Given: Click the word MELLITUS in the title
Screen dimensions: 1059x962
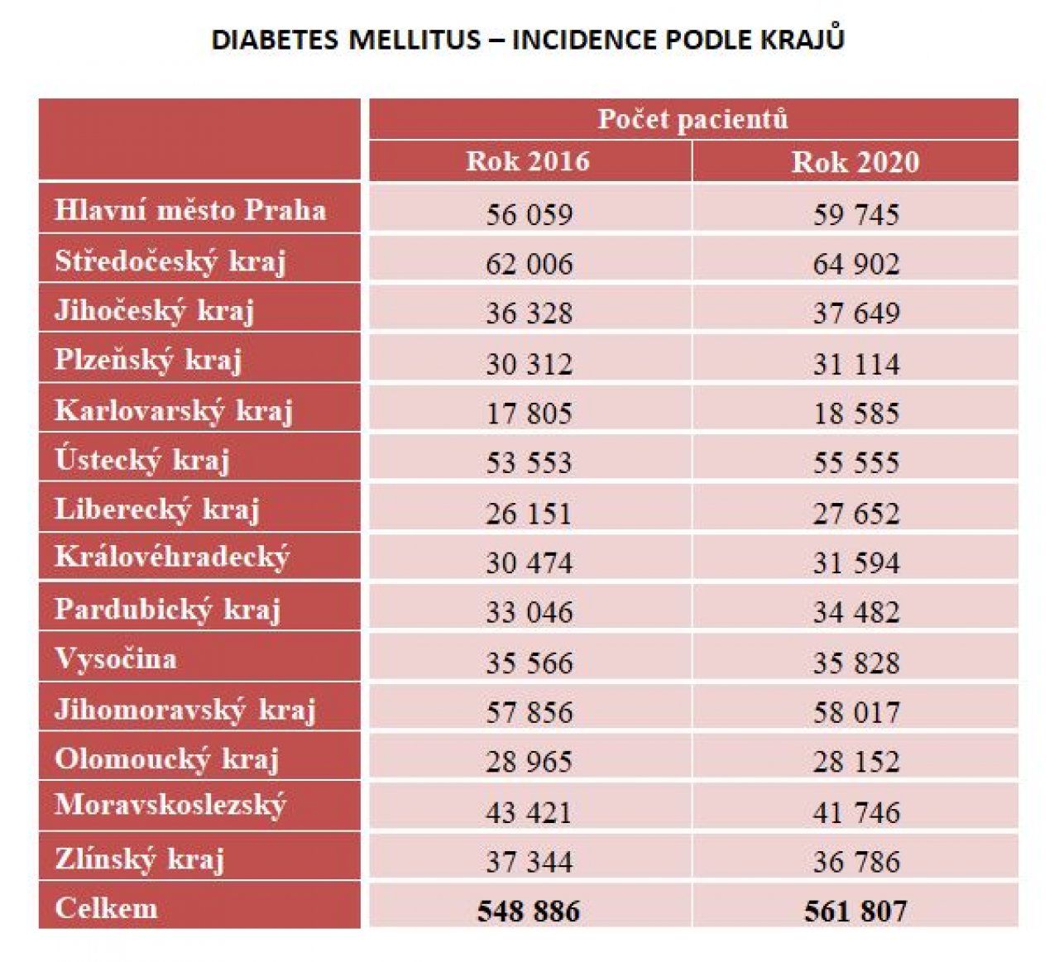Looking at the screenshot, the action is pos(414,40).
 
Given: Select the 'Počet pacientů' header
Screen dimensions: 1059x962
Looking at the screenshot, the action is pos(692,119).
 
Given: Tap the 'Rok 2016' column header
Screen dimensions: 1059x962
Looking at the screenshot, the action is pos(527,161).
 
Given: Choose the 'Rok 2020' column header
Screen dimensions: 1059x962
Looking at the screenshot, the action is pos(855,161).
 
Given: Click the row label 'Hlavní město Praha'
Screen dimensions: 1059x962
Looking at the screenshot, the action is pos(190,209).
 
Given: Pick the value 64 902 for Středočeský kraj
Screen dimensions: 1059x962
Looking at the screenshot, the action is pos(855,264).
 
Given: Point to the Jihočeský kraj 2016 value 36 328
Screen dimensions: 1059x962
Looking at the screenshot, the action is pos(529,313).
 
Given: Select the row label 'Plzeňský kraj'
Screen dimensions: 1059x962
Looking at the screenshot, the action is pos(148,361).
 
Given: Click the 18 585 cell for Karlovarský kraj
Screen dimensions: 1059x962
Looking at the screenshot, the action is pos(855,413).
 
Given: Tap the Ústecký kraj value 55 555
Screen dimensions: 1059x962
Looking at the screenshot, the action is pos(855,462).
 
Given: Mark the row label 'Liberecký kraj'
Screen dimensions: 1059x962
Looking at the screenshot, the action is pos(157,510).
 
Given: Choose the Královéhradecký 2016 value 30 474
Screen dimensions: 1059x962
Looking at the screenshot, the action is pos(529,562).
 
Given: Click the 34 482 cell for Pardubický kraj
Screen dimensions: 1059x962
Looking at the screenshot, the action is pos(855,612).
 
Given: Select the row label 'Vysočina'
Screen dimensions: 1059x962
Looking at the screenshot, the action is pos(116,659).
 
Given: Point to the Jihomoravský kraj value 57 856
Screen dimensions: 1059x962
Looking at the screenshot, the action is pos(529,711).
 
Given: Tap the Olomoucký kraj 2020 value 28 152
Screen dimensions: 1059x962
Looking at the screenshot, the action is pos(855,761).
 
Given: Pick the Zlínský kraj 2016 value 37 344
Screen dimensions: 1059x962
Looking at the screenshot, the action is pos(529,861).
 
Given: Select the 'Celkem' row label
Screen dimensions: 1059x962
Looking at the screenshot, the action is pos(106,908).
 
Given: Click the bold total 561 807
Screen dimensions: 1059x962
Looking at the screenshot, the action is pos(855,911).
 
